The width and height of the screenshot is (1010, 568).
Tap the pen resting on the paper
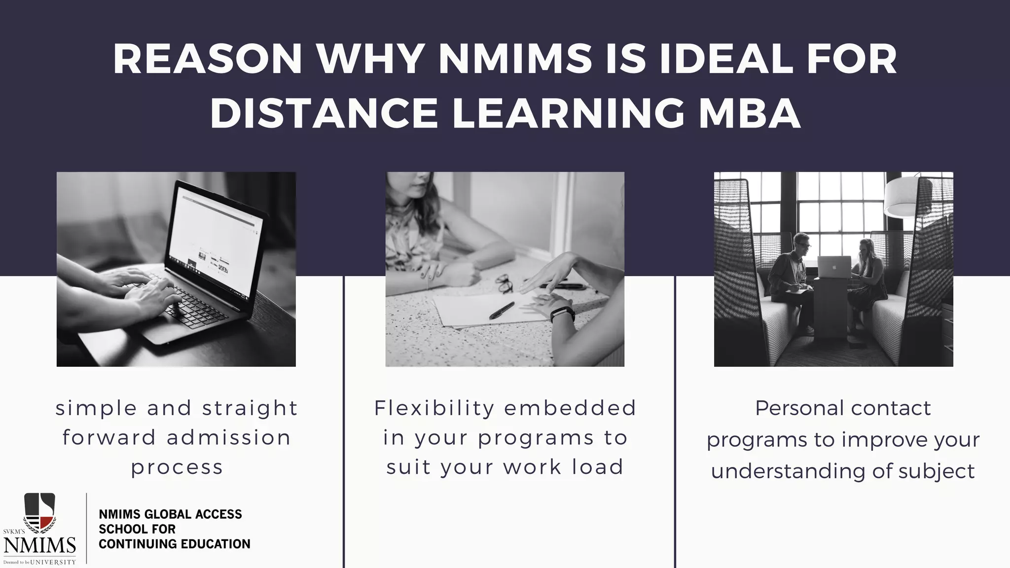click(x=502, y=310)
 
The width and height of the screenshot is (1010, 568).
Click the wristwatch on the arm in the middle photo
click(x=562, y=314)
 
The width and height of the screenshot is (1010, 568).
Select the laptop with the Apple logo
click(x=833, y=267)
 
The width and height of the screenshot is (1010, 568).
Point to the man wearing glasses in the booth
click(x=791, y=276)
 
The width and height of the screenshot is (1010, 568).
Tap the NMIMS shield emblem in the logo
click(x=40, y=512)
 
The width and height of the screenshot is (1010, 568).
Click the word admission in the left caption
click(x=229, y=438)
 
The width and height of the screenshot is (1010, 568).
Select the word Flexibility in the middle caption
click(x=434, y=408)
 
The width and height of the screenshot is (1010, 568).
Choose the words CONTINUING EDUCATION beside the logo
click(x=175, y=544)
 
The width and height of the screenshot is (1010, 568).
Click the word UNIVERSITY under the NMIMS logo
click(x=53, y=562)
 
